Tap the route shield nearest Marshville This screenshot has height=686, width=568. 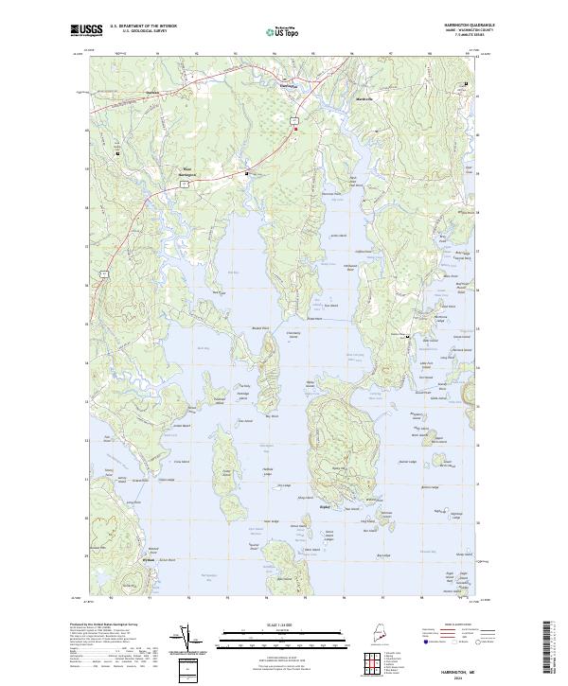294,119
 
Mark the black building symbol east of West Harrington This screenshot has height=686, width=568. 248,174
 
